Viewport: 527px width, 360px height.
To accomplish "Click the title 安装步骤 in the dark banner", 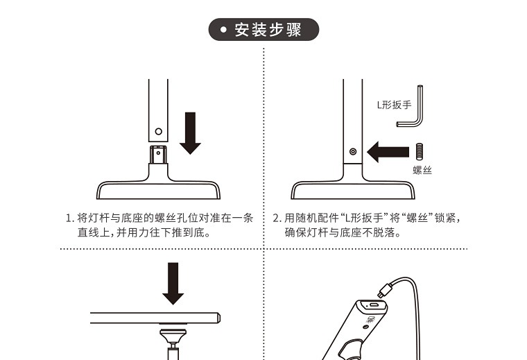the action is click(x=268, y=30).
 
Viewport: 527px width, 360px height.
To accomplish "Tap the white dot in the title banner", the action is click(x=223, y=30).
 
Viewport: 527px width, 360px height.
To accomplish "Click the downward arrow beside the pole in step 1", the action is click(x=190, y=133).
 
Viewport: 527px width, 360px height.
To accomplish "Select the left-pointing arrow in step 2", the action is click(x=388, y=152).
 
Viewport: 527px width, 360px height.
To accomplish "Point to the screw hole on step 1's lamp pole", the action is click(x=159, y=131).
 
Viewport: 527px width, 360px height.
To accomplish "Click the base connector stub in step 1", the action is click(x=158, y=155).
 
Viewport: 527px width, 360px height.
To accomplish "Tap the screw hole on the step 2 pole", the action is click(x=353, y=152).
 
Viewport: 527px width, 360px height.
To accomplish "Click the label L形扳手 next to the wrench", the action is click(x=394, y=105).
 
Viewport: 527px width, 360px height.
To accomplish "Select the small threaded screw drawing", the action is click(x=419, y=151).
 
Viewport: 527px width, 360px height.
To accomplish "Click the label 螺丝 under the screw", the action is click(x=422, y=170).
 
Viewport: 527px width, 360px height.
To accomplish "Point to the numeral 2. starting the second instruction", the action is click(x=277, y=218).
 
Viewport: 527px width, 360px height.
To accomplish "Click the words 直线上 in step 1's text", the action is click(x=94, y=232).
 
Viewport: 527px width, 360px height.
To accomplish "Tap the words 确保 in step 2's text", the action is click(x=295, y=232).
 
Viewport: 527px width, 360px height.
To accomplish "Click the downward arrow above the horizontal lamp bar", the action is click(x=173, y=284).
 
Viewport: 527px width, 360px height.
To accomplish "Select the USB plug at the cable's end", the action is click(x=384, y=290).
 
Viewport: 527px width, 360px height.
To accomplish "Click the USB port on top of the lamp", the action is click(x=373, y=305).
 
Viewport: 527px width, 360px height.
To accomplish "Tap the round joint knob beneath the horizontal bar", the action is click(x=173, y=335).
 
